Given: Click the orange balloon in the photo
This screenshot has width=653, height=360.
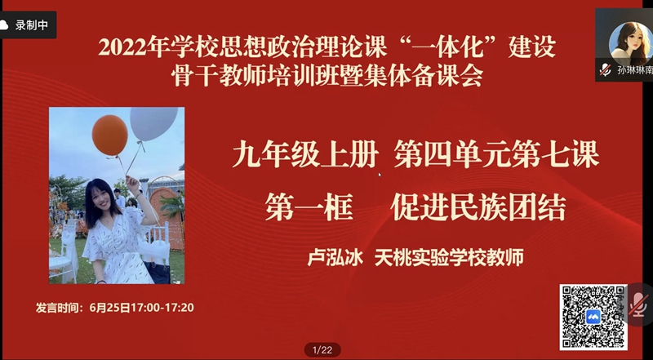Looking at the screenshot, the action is (x=110, y=135).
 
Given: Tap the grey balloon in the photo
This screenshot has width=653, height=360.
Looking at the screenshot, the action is (x=153, y=124).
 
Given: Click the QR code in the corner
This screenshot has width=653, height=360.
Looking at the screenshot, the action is (x=593, y=318).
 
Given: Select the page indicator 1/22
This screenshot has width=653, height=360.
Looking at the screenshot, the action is (x=322, y=350).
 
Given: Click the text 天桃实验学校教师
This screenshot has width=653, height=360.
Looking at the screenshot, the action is (x=449, y=257).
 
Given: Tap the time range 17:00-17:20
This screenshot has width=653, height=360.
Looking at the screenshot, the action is (x=162, y=308).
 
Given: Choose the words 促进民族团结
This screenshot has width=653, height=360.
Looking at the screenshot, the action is (x=478, y=207).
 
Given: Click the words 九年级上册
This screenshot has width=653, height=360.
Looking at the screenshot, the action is (x=305, y=155).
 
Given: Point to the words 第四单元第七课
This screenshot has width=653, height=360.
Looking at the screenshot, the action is (x=496, y=155).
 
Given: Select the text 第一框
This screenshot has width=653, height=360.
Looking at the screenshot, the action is (x=309, y=207).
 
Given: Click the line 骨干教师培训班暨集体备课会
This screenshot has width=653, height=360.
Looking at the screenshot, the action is (x=327, y=76).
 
